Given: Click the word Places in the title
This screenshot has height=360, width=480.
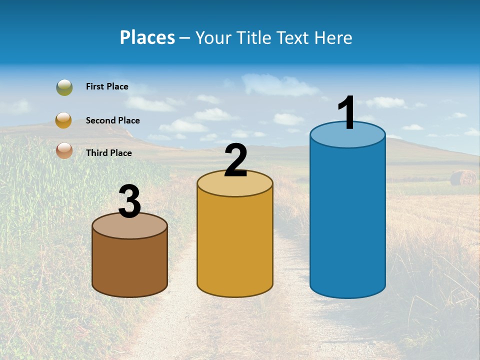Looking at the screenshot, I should tap(147, 37).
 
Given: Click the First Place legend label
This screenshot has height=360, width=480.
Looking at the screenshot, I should tap(107, 86).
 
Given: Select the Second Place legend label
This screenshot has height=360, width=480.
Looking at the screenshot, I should tap(112, 120).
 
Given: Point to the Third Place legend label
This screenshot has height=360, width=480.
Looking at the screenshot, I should tap(108, 153).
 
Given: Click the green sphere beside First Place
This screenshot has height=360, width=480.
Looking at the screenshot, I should tap(64, 87).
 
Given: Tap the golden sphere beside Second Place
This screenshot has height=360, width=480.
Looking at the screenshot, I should tap(63, 120).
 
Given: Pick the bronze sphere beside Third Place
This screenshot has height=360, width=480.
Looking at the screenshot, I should tap(64, 150).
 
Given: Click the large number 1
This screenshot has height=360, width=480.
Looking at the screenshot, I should tap(347, 113).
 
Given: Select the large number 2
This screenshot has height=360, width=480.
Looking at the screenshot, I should tap(235, 160).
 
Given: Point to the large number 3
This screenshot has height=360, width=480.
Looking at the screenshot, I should tap(129, 201).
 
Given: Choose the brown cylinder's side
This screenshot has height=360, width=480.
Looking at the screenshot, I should tap(129, 265).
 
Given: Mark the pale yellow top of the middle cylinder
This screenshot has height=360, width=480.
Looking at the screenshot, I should tap(235, 186).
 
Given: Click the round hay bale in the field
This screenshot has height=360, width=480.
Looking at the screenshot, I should tap(463, 178).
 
